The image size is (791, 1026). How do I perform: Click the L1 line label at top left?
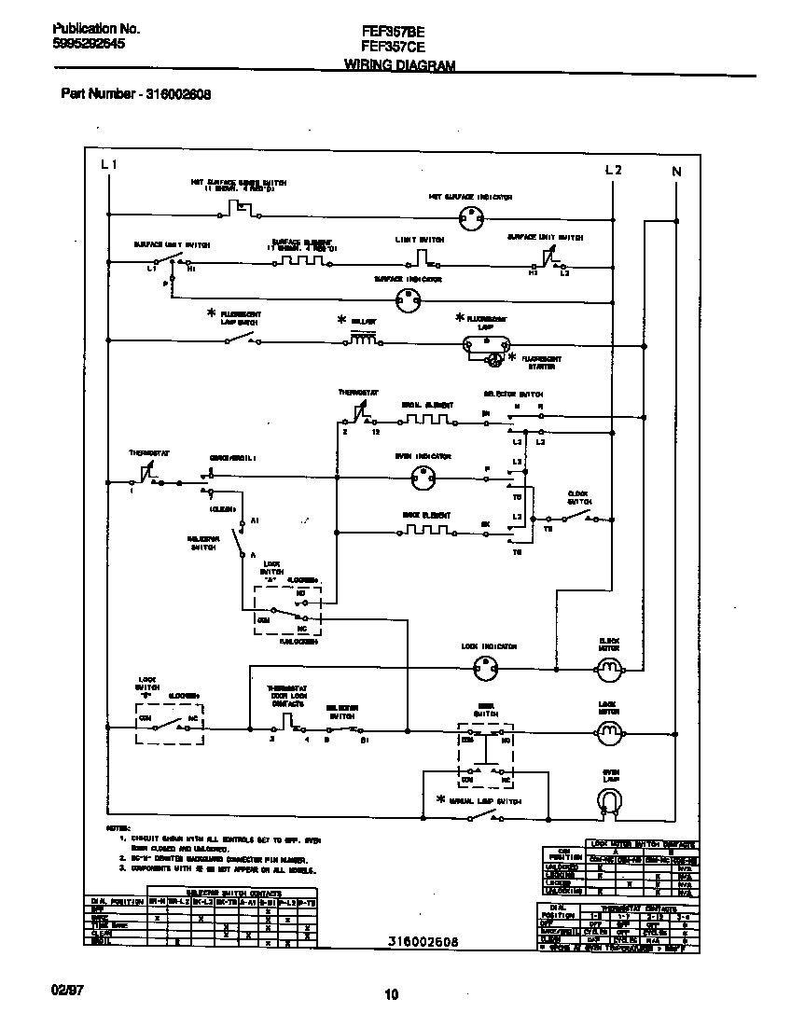109,165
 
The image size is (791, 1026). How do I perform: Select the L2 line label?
613,169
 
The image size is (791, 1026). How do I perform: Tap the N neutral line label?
676,171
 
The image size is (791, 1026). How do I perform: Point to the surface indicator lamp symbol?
408,298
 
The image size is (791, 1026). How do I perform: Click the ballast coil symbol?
364,340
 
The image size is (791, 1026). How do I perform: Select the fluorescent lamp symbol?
485,344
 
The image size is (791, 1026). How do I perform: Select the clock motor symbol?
609,667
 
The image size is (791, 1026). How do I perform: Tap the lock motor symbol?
609,732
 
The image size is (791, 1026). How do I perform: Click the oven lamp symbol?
609,800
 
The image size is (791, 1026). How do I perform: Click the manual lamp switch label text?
485,800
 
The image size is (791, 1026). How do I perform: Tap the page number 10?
392,994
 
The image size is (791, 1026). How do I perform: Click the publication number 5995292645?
88,43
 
